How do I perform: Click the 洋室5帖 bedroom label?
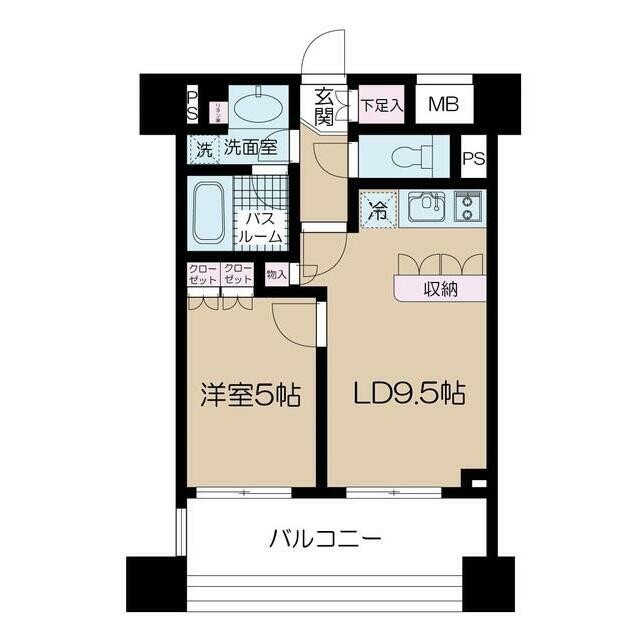coord(251,394)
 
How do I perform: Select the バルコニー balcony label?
coord(325,541)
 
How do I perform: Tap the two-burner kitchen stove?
coord(468,207)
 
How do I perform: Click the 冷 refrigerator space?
coord(379,210)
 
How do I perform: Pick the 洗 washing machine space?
coord(204,150)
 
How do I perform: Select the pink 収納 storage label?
coord(440,289)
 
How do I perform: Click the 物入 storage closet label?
coord(276,274)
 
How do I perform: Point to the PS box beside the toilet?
coord(473,157)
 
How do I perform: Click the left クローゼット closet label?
coord(202,274)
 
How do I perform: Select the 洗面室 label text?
coord(249,149)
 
